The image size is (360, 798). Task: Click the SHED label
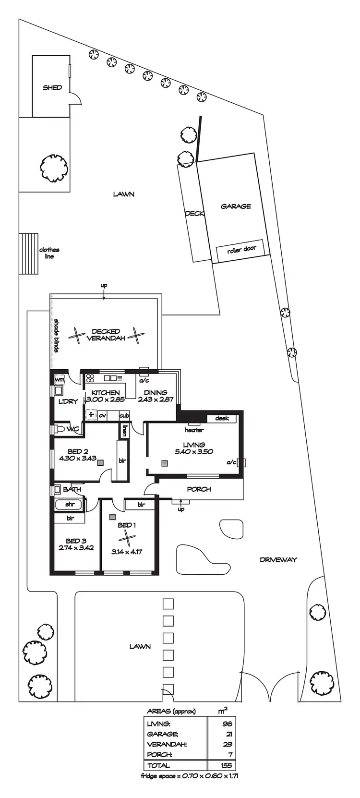click(x=52, y=88)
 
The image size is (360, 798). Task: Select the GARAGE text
click(x=236, y=206)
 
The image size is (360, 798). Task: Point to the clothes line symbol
click(x=28, y=254)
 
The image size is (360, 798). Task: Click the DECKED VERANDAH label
click(x=106, y=335)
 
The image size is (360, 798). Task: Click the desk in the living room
click(x=222, y=418)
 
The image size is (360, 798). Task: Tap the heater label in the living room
click(x=194, y=430)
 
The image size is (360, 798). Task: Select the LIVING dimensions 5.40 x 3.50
click(x=194, y=451)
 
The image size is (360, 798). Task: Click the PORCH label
click(x=199, y=489)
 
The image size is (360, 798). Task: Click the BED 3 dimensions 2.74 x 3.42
click(x=76, y=547)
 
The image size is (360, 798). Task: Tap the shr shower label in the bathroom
click(x=70, y=505)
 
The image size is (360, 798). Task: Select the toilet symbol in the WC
click(x=60, y=429)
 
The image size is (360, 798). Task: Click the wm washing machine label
click(x=60, y=380)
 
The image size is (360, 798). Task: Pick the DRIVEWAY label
click(x=278, y=560)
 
